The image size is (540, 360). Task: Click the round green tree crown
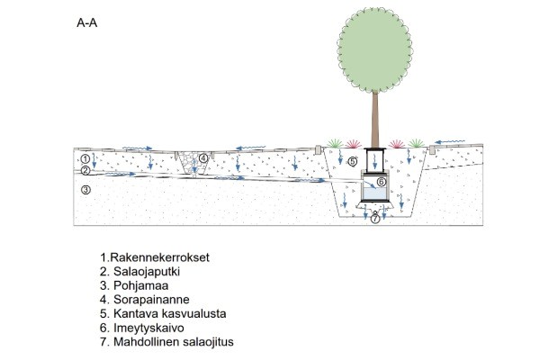coord(372,50)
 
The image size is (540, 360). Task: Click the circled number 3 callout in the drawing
coord(85,190)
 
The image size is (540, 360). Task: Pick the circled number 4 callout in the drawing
coord(203,159)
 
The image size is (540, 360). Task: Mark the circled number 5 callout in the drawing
coord(353,161)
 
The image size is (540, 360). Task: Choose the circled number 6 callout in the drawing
coord(381,182)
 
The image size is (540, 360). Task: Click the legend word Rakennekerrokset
coord(159,256)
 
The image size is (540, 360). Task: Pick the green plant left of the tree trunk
coord(333,142)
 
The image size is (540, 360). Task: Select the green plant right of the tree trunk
coord(416,142)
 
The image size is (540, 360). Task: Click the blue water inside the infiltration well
coord(373,193)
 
